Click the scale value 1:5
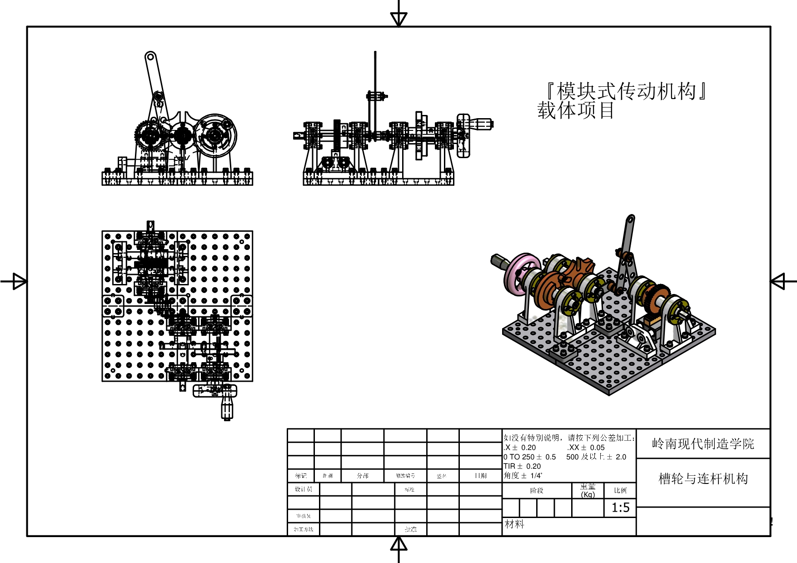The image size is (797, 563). point(620,508)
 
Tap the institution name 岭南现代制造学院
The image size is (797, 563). point(703,443)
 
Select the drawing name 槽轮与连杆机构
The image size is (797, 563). point(703,478)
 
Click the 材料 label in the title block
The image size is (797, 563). point(514,524)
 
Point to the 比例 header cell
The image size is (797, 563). point(620,490)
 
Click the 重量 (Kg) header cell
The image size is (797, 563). point(588,490)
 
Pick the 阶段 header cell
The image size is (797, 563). point(537,490)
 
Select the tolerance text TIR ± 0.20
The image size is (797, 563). point(522,466)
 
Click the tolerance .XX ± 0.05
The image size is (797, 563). point(586,448)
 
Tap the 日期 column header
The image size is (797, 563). point(480,476)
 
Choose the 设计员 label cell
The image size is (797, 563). point(303,489)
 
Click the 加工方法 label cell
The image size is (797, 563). point(303,529)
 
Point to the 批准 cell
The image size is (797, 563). point(410,529)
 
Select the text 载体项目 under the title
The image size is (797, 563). point(576,110)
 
